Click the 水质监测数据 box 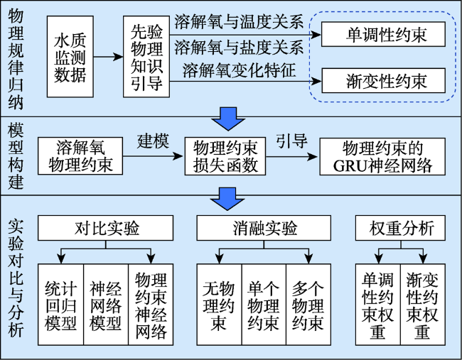pyautogui.click(x=70, y=57)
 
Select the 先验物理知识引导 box pyautogui.click(x=146, y=57)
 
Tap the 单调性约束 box pyautogui.click(x=383, y=34)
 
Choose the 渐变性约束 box pyautogui.click(x=383, y=81)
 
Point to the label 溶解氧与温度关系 pyautogui.click(x=239, y=22)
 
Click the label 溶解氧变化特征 pyautogui.click(x=239, y=70)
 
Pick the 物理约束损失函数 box pyautogui.click(x=225, y=156)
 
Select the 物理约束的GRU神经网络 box pyautogui.click(x=382, y=156)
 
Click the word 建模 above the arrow pyautogui.click(x=153, y=141)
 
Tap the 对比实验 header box pyautogui.click(x=105, y=228)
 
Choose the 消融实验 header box pyautogui.click(x=264, y=228)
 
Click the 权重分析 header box pyautogui.click(x=400, y=228)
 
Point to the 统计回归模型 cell pyautogui.click(x=60, y=305)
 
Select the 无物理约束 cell pyautogui.click(x=219, y=305)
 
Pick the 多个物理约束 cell pyautogui.click(x=308, y=305)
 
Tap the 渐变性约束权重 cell pyautogui.click(x=423, y=305)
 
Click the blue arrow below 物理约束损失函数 pyautogui.click(x=227, y=199)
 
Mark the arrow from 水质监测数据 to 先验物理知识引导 pyautogui.click(x=108, y=57)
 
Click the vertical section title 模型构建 pyautogui.click(x=16, y=156)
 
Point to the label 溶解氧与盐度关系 pyautogui.click(x=239, y=47)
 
